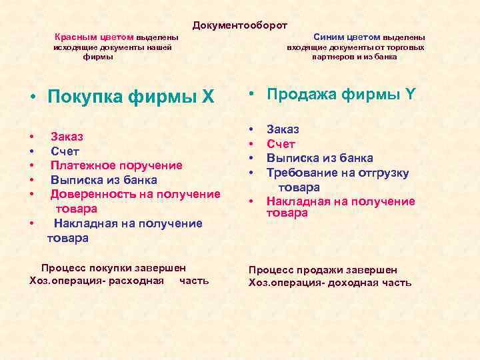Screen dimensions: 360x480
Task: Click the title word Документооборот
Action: point(239,25)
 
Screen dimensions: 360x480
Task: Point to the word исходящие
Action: point(75,47)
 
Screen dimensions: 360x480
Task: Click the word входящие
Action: point(308,47)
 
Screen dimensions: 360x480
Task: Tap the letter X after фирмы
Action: point(209,97)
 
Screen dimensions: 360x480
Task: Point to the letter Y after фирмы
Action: point(410,95)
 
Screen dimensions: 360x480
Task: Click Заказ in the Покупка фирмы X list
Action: point(67,137)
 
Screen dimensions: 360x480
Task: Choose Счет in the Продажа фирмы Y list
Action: point(281,144)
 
